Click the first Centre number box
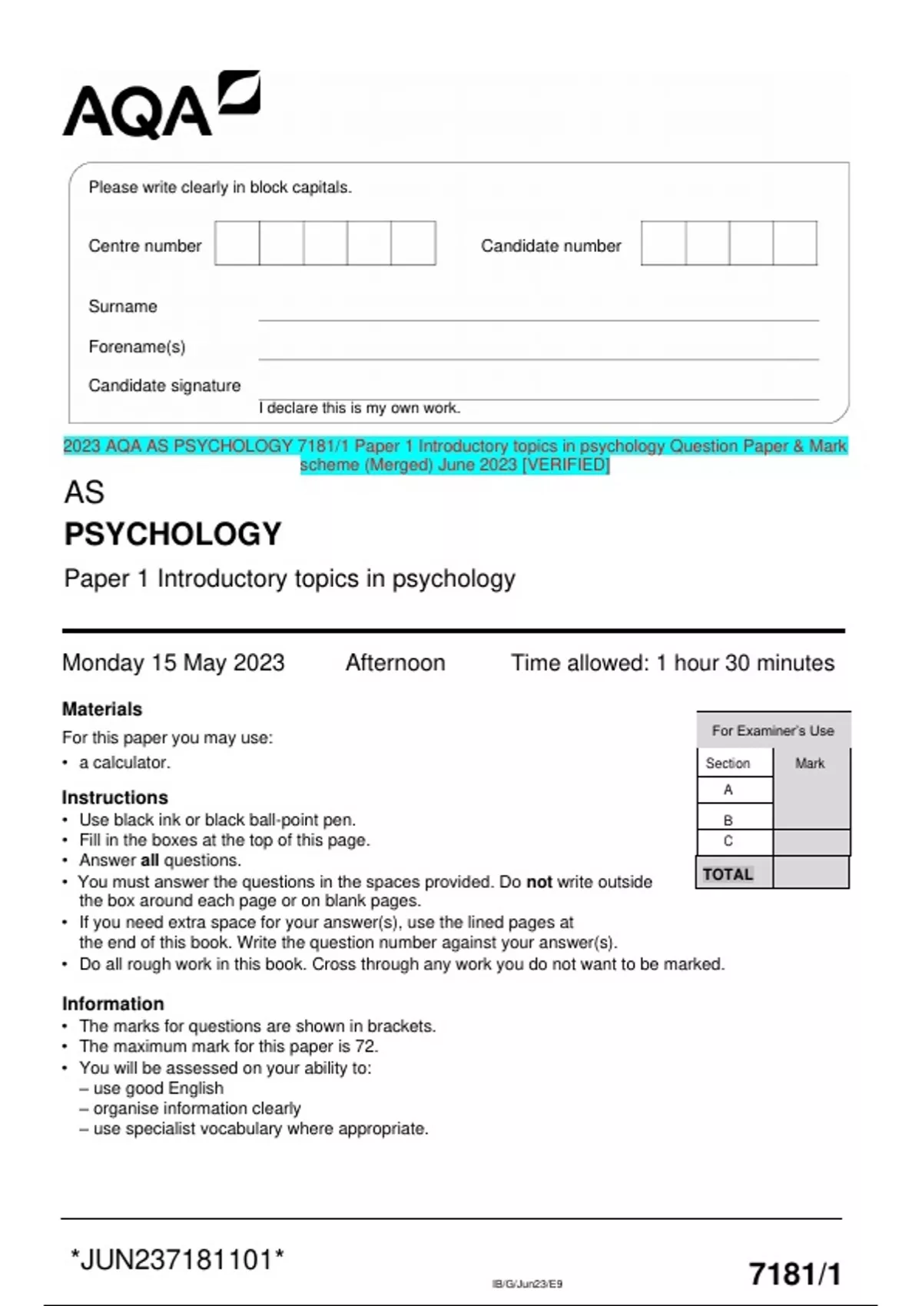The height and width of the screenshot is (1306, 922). (237, 243)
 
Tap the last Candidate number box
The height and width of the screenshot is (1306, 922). (794, 243)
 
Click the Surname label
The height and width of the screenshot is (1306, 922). (123, 307)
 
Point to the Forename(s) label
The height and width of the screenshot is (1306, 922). (137, 346)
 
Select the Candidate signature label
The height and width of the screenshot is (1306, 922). (164, 386)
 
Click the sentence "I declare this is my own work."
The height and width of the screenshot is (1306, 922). (360, 408)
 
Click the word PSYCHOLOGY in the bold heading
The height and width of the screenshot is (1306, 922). (173, 534)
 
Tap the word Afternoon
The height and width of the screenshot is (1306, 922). (395, 662)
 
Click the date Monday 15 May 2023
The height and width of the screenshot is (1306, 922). (174, 662)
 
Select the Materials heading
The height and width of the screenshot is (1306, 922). (102, 708)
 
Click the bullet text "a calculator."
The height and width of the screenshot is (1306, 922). (124, 762)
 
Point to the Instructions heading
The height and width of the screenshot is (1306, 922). (114, 797)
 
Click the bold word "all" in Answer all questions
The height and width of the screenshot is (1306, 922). (149, 860)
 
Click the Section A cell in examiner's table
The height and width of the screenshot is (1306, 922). (728, 790)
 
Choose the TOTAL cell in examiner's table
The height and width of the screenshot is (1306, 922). (728, 874)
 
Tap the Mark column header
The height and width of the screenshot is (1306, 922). (809, 763)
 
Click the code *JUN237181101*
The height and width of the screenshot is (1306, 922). (177, 1260)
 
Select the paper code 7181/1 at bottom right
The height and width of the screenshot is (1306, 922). (794, 1274)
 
